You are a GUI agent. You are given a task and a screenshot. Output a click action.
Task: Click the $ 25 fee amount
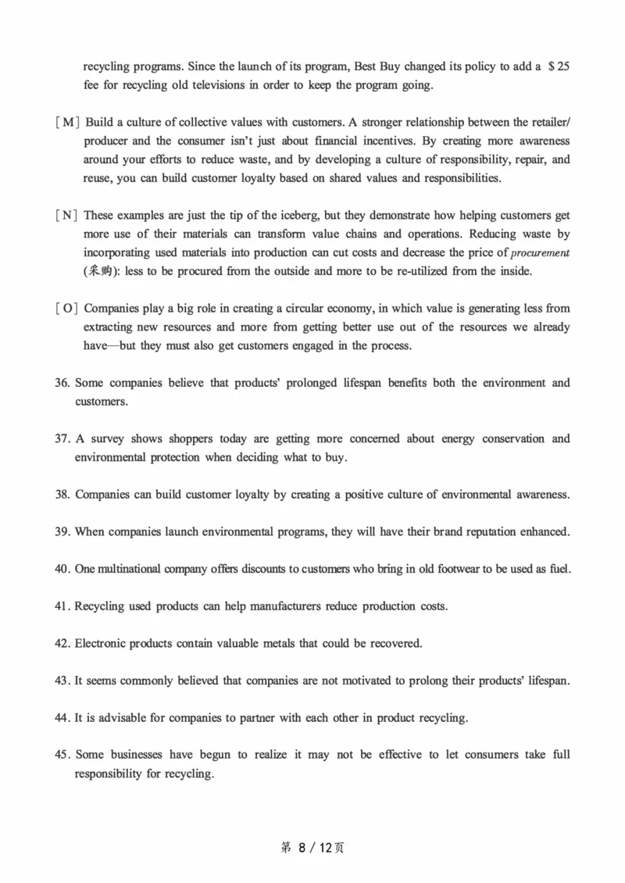click(x=559, y=66)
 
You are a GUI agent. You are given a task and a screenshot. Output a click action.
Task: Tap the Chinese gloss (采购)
click(x=99, y=271)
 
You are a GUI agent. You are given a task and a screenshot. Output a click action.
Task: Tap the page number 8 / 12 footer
click(x=312, y=848)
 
